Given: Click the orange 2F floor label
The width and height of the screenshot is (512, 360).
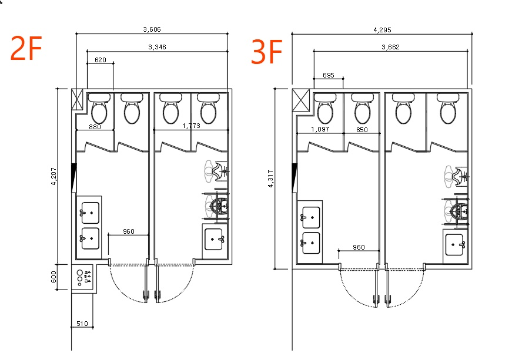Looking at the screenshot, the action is point(26,48).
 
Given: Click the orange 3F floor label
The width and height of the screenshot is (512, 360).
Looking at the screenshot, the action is point(266,52).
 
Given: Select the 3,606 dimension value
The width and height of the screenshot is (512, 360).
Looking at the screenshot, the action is point(152,29).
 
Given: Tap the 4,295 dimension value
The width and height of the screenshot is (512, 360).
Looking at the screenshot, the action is point(382,30).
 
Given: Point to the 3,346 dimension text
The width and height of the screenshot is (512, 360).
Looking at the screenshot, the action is point(157,47).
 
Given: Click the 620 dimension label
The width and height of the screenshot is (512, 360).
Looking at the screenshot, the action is point(101,60).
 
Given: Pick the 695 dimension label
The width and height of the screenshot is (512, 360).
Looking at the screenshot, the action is point(328,75).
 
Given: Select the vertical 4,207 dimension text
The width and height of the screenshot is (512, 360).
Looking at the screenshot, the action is point(54,176).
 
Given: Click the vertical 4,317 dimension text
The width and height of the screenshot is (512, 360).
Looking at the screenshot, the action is point(270,179).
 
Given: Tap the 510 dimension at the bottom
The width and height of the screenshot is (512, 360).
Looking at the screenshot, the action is point(82,324).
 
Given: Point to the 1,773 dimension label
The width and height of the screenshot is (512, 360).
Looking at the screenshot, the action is point(191,126).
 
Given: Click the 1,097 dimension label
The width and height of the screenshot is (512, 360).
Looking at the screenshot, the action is point(320,129).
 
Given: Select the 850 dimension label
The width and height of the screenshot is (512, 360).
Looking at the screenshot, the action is point(362,130).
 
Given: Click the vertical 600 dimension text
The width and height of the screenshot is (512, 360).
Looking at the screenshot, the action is point(54,277).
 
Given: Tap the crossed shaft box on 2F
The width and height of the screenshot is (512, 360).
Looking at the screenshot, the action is point(78,99).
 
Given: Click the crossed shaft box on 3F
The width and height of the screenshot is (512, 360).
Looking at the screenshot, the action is point(301,100).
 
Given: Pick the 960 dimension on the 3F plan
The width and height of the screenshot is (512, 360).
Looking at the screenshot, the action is point(359,247).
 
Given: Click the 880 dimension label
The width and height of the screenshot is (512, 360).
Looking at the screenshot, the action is point(95,127).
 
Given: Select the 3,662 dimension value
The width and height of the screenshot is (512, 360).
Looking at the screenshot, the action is point(390,47).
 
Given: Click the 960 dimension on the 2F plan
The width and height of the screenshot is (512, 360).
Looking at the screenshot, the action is point(128,231).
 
